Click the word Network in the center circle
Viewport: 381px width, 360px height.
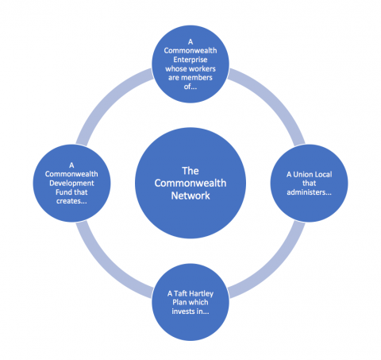[x=190, y=195]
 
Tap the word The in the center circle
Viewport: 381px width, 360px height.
[x=190, y=171]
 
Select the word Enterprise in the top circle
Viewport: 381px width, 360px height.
[x=190, y=60]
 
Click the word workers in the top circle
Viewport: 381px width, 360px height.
[x=202, y=69]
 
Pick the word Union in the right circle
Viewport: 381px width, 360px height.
[x=303, y=174]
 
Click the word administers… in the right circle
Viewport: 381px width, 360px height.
[x=309, y=192]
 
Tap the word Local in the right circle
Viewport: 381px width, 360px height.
[x=323, y=174]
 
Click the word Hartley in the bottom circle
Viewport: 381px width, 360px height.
[x=202, y=294]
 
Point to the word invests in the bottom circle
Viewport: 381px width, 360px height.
[x=183, y=312]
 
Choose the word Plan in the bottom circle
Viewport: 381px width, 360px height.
[x=179, y=303]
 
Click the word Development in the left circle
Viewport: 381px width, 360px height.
[x=71, y=184]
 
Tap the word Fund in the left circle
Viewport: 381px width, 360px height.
[x=63, y=192]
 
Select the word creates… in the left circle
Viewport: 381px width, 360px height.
[x=71, y=201]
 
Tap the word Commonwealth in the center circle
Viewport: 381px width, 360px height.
[x=190, y=184]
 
